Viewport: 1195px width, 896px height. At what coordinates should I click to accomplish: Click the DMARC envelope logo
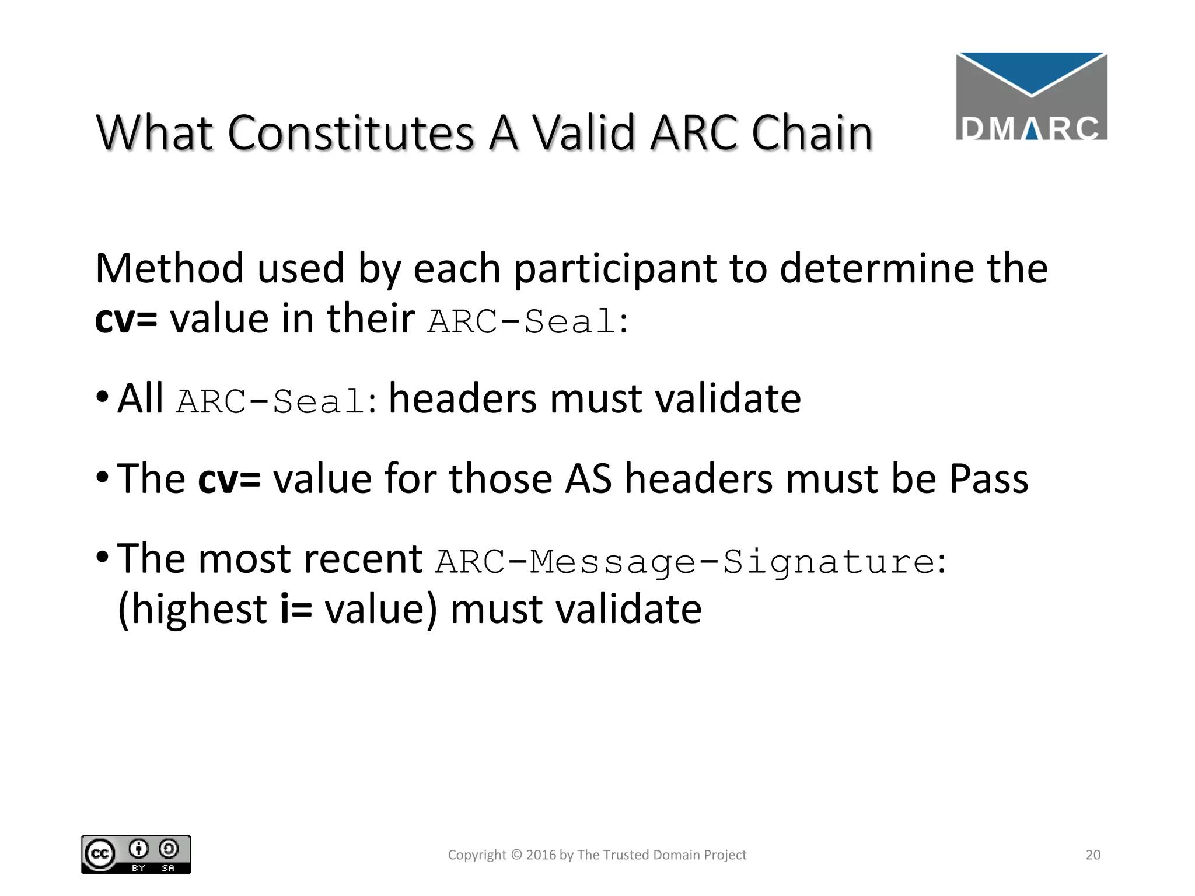1031,96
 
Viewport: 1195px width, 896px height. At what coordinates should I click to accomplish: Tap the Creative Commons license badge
136,854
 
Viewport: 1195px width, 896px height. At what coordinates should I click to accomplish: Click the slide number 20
1093,855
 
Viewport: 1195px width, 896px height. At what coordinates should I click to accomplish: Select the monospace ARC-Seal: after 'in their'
527,321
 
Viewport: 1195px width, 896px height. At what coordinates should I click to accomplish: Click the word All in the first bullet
140,399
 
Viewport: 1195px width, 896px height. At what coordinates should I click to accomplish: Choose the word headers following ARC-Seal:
463,399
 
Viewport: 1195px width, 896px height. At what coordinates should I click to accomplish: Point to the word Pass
988,479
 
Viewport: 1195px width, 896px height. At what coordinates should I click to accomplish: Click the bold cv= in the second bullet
229,479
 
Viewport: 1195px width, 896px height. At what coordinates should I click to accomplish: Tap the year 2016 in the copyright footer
541,855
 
